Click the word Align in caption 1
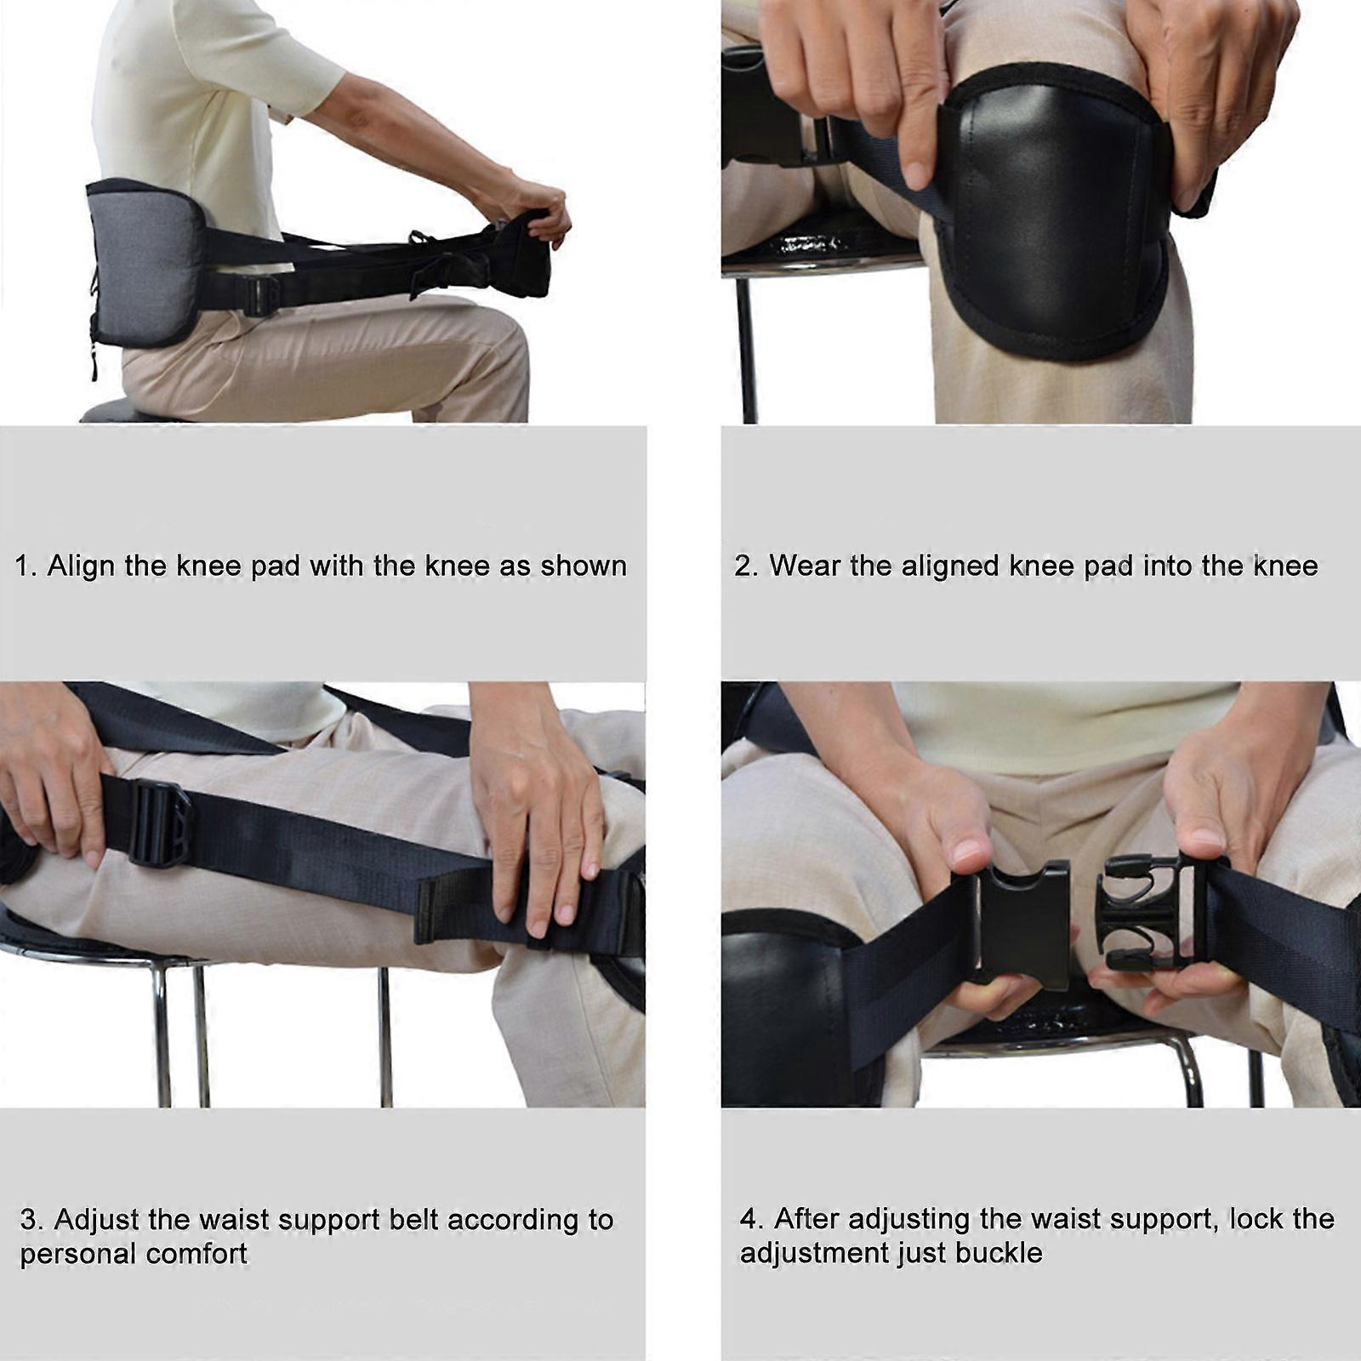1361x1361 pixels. pos(81,567)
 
